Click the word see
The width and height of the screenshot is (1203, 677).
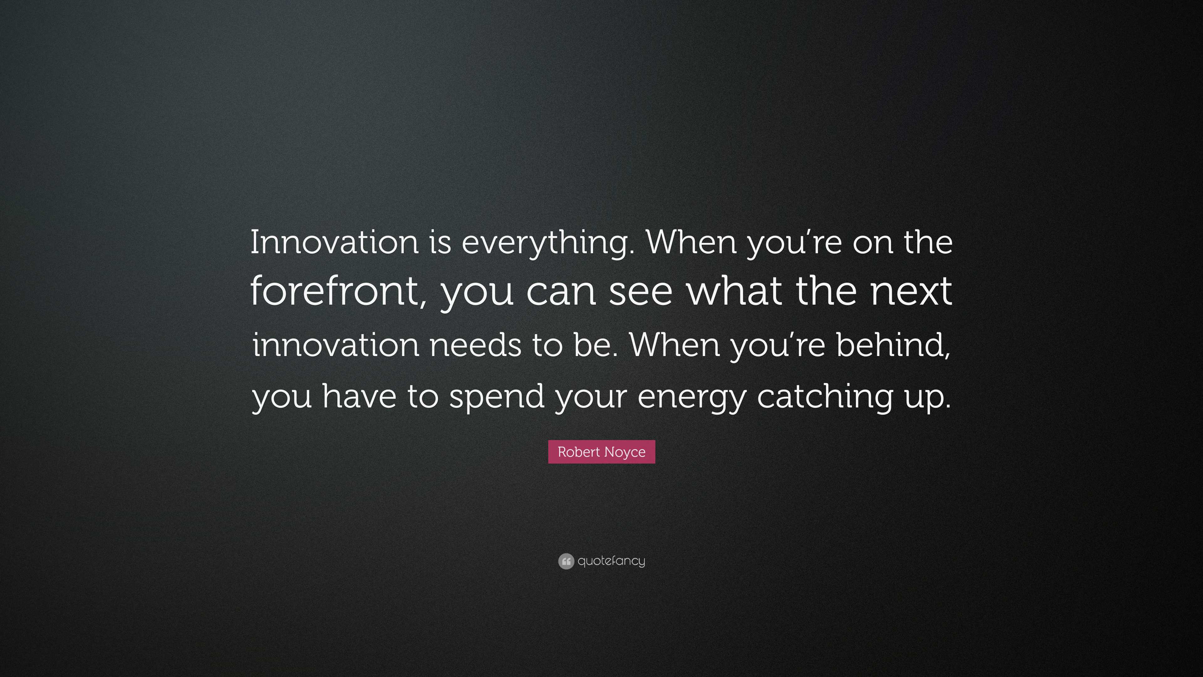click(640, 293)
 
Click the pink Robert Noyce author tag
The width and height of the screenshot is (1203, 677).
click(601, 452)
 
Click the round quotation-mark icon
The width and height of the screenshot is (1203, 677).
click(566, 561)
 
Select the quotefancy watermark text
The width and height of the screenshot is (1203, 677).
click(611, 561)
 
